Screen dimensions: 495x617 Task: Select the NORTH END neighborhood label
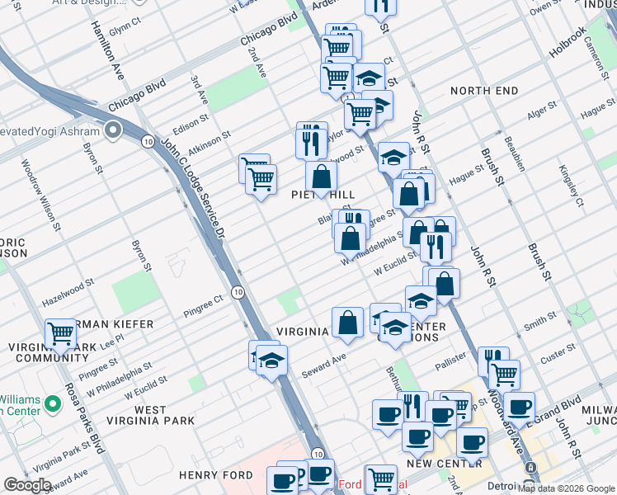[x=484, y=90]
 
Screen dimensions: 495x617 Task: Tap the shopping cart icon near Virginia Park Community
[x=61, y=334]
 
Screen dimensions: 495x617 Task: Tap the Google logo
[x=27, y=484]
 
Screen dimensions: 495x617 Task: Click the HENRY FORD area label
[x=216, y=475]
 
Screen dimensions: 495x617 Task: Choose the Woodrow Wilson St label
[x=42, y=194]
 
